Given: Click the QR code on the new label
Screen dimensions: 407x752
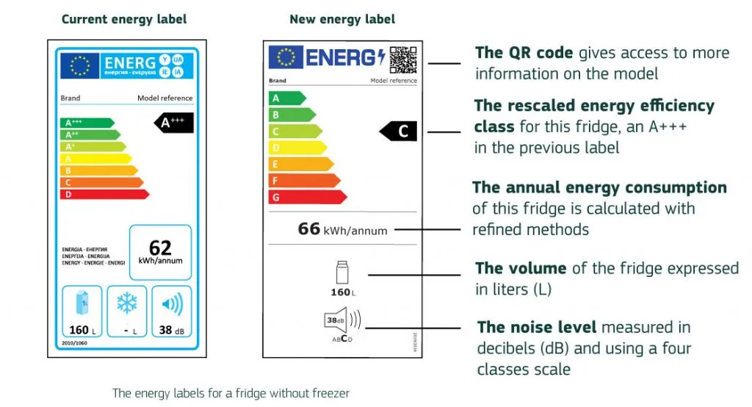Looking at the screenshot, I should tap(402, 60).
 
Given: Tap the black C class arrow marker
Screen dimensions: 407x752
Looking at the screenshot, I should tap(399, 132).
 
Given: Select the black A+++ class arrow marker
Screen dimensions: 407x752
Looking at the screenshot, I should tap(174, 123).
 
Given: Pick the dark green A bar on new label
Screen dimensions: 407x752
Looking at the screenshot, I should tap(287, 98).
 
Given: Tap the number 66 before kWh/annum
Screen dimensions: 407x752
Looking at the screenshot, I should tap(309, 228).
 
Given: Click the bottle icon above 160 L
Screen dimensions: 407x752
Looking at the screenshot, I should tap(341, 273).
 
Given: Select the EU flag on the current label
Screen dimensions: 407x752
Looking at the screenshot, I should tap(79, 65).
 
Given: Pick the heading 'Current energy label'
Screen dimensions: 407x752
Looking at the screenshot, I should tap(124, 19).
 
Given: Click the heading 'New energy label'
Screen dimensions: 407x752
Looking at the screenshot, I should tap(342, 19).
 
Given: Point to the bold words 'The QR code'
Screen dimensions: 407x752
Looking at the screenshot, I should tap(524, 52).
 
